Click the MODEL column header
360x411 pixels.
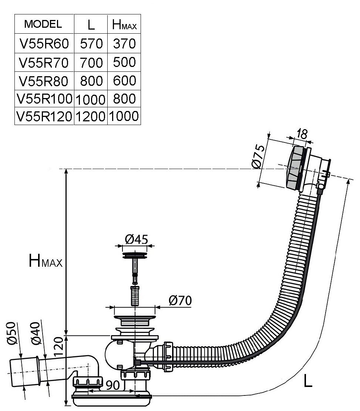43,24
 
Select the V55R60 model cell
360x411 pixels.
44,44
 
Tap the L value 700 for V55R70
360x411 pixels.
91,63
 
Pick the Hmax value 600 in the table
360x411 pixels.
124,81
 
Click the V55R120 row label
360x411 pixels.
44,116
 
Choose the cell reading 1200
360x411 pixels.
91,116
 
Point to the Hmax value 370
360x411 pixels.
124,44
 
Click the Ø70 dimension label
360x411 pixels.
180,300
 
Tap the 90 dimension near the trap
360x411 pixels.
112,385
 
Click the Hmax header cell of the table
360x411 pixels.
124,24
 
